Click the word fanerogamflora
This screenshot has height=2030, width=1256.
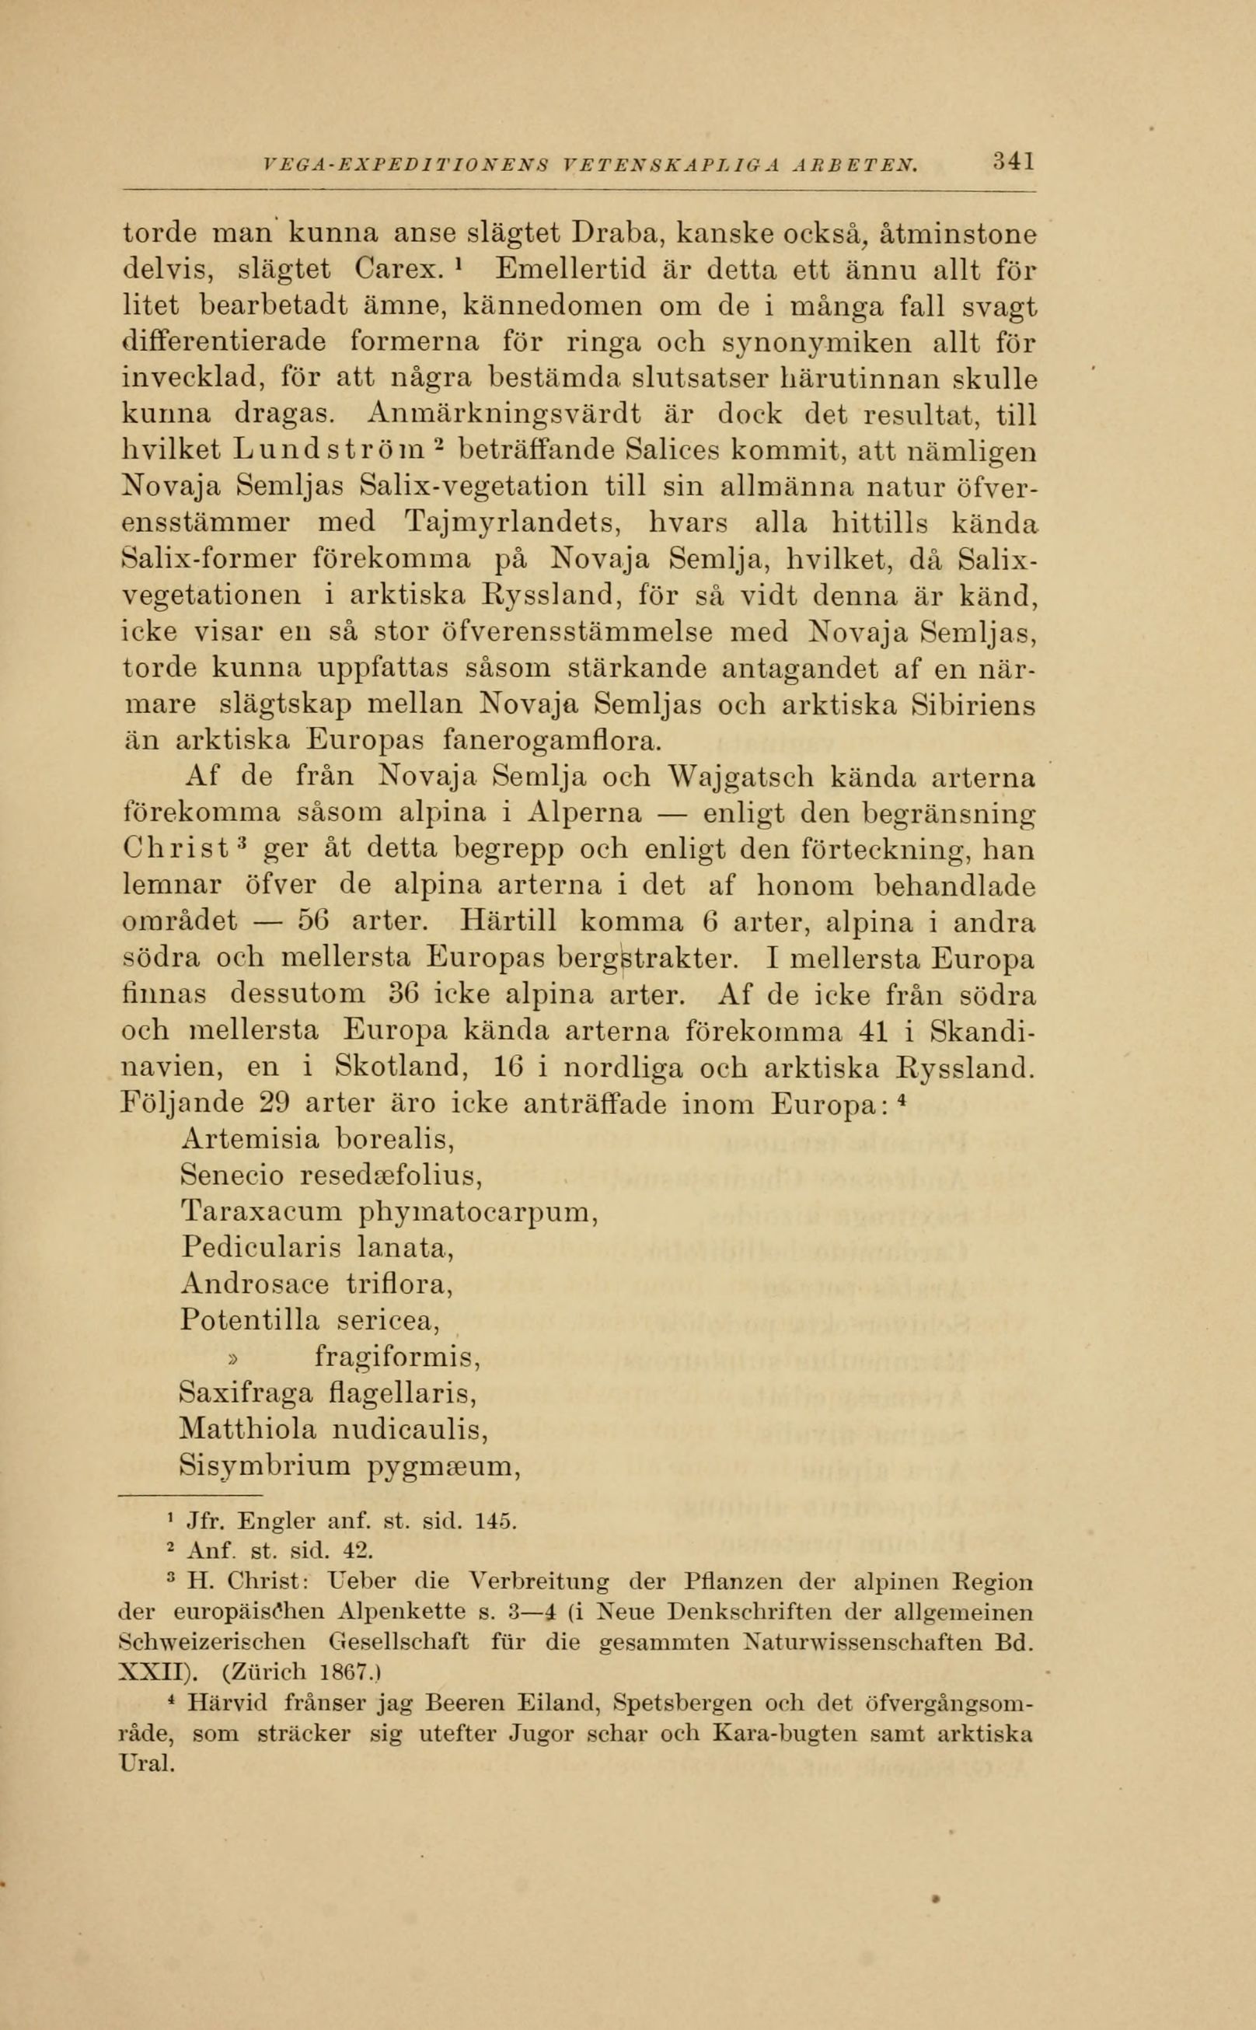click(553, 739)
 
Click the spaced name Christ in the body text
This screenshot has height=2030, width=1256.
click(176, 850)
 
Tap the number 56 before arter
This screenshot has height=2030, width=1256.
click(315, 922)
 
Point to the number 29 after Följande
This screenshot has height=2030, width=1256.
click(274, 1104)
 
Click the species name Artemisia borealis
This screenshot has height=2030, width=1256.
click(317, 1138)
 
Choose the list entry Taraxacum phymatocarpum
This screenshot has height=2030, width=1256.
click(389, 1212)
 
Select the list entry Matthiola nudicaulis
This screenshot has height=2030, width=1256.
click(333, 1430)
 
